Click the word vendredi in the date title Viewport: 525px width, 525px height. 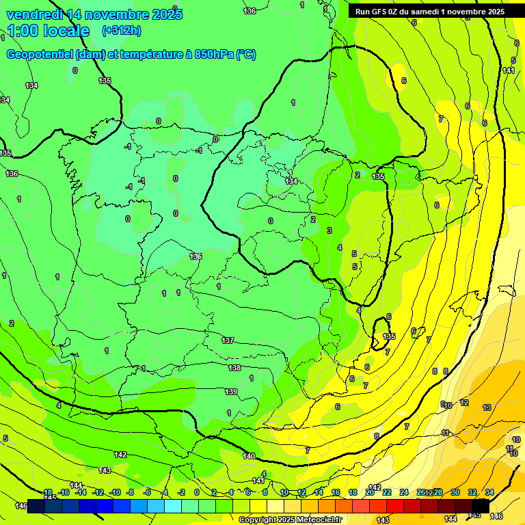coord(34,14)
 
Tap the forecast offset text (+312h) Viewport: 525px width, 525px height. coord(121,31)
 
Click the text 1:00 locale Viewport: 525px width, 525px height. coord(48,31)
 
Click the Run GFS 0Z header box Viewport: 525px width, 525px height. coord(429,12)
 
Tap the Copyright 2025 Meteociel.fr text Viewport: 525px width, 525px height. coord(290,520)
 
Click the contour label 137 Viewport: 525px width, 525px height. coord(228,340)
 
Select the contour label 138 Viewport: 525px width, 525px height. coord(234,368)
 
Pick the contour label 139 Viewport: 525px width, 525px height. coord(231,392)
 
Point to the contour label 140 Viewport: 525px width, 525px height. coord(249,456)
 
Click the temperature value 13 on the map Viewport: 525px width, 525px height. coord(487,407)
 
